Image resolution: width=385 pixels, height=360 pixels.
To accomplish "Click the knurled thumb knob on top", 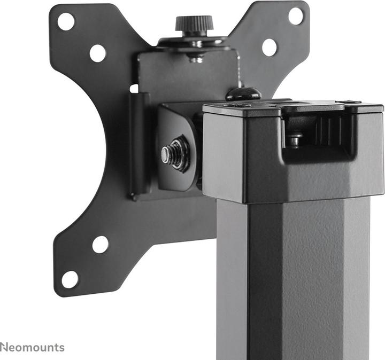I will pyautogui.click(x=194, y=23).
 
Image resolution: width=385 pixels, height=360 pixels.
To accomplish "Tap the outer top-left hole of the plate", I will pyautogui.click(x=66, y=21).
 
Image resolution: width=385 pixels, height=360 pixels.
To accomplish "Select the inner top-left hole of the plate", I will pyautogui.click(x=97, y=53).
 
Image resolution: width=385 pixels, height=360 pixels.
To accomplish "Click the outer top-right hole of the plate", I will pyautogui.click(x=296, y=15).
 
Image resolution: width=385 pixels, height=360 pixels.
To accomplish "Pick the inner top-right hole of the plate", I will pyautogui.click(x=269, y=48).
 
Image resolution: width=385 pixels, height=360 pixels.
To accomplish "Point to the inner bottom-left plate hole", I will pyautogui.click(x=100, y=245).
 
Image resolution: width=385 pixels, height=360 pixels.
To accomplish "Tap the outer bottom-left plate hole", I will pyautogui.click(x=70, y=279).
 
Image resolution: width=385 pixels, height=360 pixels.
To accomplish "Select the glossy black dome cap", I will pyautogui.click(x=243, y=94).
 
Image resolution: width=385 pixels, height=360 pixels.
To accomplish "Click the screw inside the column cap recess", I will pyautogui.click(x=295, y=140).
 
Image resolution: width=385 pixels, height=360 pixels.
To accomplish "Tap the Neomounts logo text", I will pyautogui.click(x=32, y=348).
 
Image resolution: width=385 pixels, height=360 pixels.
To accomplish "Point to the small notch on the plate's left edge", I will pyautogui.click(x=133, y=88).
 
